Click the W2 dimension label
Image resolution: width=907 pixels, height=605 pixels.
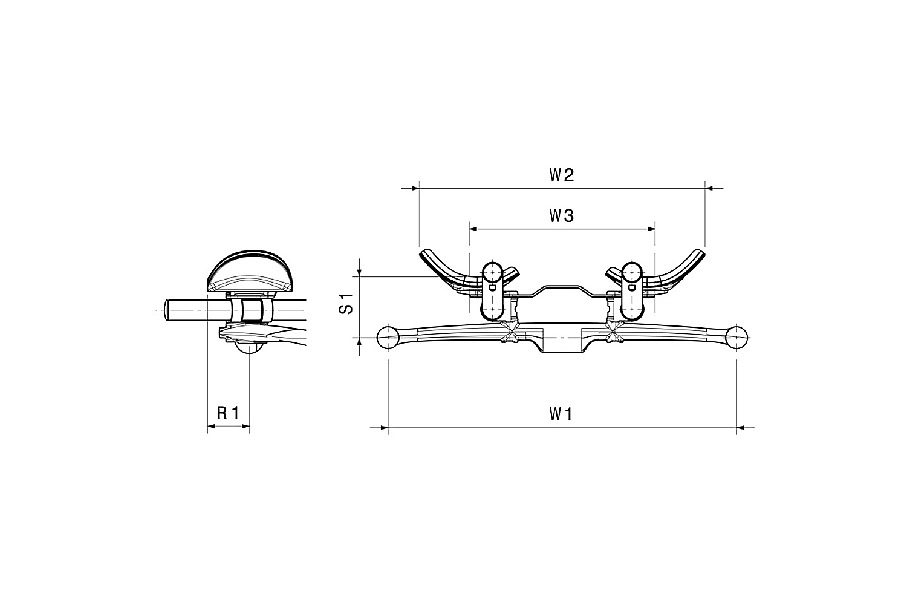[x=562, y=175]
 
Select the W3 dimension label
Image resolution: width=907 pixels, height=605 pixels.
[x=562, y=216]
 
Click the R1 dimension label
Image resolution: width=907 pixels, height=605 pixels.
[x=229, y=413]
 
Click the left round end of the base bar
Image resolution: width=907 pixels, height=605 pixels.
[x=388, y=338]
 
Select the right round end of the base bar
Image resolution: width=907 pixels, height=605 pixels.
[x=736, y=338]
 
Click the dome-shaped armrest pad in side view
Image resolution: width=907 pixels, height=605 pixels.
[x=250, y=272]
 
